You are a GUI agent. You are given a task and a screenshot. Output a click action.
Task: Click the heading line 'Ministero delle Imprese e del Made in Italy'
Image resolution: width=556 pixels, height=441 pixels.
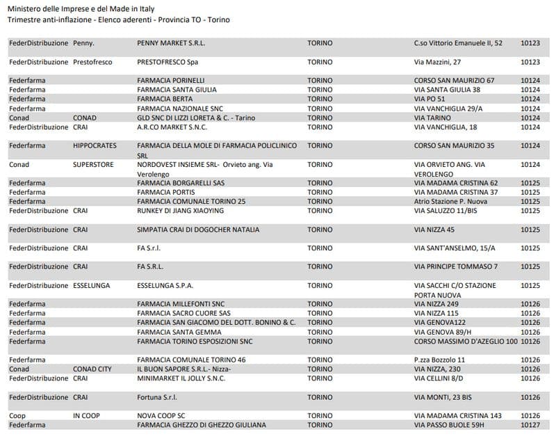(x=81, y=8)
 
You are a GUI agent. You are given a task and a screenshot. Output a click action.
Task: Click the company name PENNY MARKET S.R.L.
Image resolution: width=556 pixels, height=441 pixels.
(x=171, y=43)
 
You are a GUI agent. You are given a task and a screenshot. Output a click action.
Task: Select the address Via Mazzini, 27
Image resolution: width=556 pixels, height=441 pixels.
(x=438, y=62)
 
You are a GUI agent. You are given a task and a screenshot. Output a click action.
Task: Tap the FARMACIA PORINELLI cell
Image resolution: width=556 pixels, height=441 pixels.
(x=171, y=81)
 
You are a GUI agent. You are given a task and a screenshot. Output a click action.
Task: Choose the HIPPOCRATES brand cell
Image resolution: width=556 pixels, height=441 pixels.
(x=95, y=146)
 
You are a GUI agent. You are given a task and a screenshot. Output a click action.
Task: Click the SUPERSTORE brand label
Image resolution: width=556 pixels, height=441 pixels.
(x=92, y=165)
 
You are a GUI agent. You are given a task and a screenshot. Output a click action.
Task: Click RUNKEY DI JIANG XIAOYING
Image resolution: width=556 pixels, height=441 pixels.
(x=181, y=211)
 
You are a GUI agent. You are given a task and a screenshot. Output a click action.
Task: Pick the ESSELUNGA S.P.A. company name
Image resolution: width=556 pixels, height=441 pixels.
(x=165, y=285)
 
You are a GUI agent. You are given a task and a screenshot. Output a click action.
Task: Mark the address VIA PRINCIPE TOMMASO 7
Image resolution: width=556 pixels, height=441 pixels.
(x=456, y=266)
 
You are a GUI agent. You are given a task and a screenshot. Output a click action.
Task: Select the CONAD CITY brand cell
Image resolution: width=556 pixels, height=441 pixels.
(x=92, y=369)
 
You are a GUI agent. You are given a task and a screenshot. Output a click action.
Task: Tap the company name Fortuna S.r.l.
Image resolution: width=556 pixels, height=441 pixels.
(x=157, y=396)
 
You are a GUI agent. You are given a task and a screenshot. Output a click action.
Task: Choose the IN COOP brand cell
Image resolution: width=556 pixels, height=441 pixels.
(x=87, y=415)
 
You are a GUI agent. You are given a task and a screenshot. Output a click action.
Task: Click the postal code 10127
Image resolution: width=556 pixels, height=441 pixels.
(x=530, y=424)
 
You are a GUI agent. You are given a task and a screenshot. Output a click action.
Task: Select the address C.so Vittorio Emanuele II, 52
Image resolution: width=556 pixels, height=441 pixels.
(x=458, y=43)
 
